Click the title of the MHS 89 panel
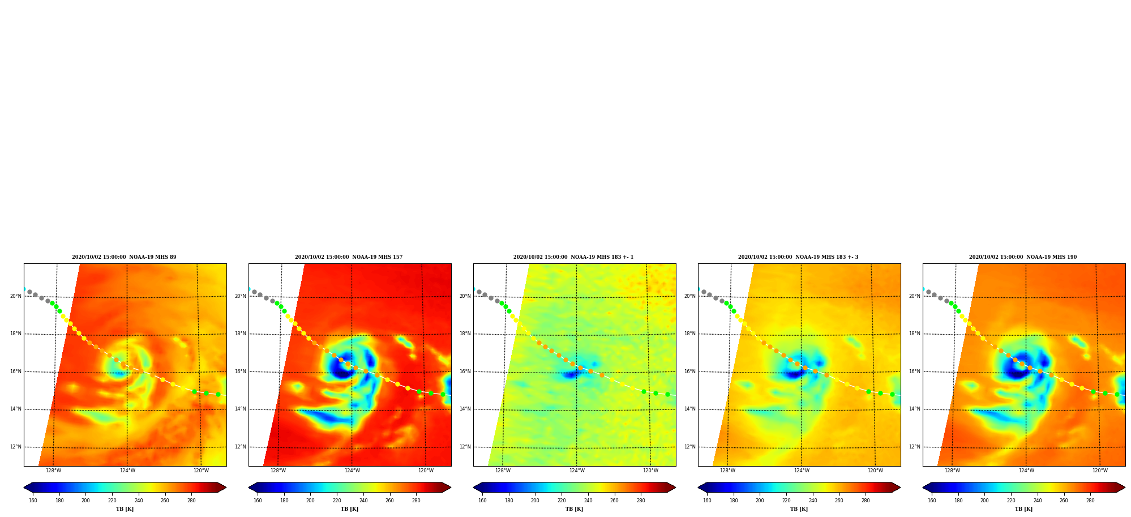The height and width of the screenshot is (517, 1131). tap(124, 257)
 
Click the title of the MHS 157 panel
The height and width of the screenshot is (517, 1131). tap(349, 257)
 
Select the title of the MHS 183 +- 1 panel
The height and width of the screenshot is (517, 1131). tap(573, 257)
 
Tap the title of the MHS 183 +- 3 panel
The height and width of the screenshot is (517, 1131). tap(798, 257)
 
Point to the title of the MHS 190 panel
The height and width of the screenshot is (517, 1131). tap(1023, 257)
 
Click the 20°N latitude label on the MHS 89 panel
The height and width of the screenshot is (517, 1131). tap(16, 296)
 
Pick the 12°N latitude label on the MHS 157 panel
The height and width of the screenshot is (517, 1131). tap(241, 447)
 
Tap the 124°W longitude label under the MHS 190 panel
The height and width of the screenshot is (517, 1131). tap(1026, 471)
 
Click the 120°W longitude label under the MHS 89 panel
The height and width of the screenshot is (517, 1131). tap(201, 471)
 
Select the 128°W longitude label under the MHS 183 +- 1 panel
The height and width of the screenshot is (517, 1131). tap(503, 471)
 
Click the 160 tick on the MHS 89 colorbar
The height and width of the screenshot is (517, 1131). tap(33, 501)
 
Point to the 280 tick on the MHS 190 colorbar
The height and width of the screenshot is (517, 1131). tap(1090, 501)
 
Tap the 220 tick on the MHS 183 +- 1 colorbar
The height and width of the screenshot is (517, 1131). tap(562, 501)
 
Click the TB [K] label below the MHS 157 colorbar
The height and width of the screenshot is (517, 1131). tap(349, 509)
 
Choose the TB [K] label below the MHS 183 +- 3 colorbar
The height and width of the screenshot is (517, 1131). tap(799, 509)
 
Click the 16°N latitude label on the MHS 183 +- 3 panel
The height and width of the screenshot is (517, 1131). tap(690, 371)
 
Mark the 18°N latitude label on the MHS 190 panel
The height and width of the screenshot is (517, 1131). tap(915, 334)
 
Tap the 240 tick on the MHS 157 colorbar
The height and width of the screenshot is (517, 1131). tap(363, 501)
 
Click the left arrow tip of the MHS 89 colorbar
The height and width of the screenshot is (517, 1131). tap(24, 488)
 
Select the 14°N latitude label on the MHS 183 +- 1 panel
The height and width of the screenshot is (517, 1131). tap(465, 409)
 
